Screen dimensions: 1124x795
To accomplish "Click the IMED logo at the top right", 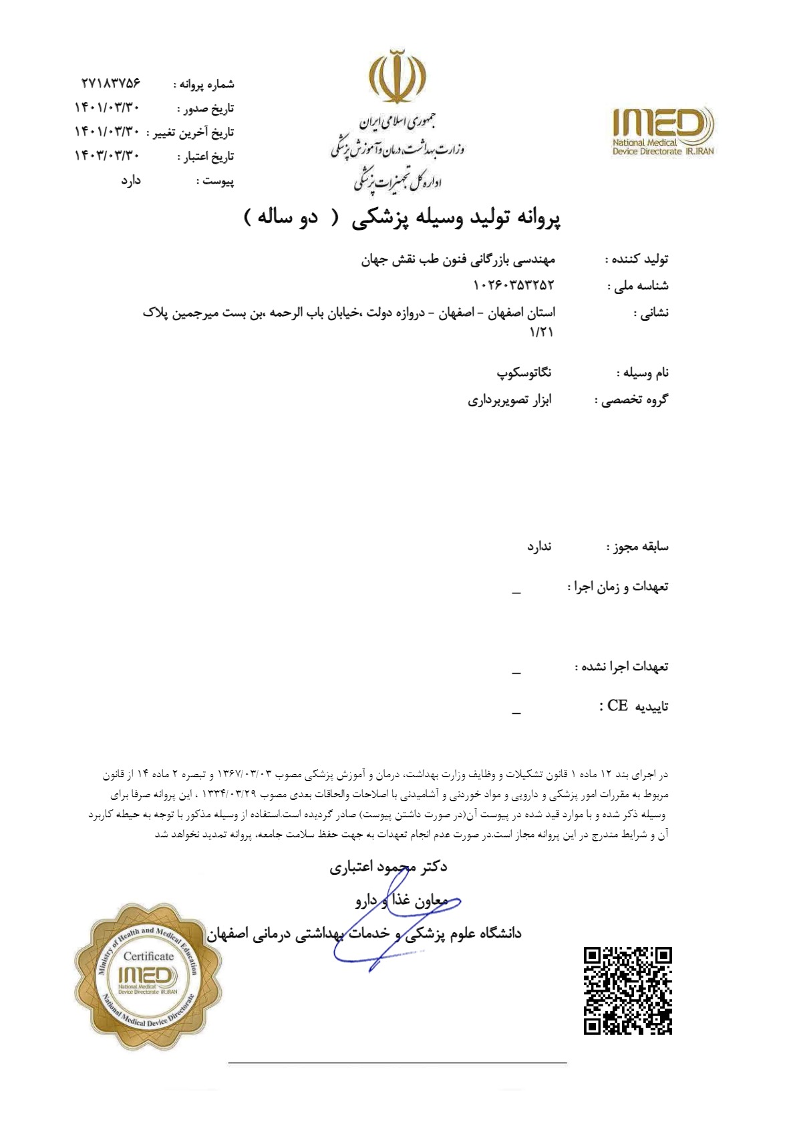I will [x=663, y=131].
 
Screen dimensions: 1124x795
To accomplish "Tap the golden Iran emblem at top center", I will [x=399, y=78].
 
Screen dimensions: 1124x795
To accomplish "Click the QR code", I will [x=627, y=990].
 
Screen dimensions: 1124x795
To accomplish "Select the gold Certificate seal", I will [x=148, y=976].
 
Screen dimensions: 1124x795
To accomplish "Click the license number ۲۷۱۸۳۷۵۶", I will [x=111, y=84].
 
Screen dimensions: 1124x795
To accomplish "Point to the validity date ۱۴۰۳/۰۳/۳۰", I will [x=107, y=156].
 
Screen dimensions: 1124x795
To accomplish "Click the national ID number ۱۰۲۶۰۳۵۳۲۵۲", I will [x=514, y=285].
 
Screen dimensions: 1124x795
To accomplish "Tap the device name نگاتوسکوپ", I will [x=524, y=373].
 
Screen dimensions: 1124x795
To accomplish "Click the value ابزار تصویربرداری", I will [x=510, y=400].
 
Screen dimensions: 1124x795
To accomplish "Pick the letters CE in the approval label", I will [x=617, y=706].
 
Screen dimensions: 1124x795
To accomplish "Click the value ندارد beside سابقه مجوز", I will [x=539, y=547].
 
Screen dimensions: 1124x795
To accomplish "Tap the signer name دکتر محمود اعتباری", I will [x=388, y=867].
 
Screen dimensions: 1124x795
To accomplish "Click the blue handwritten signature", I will [x=394, y=922].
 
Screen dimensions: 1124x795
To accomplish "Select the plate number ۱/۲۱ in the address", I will [x=542, y=332].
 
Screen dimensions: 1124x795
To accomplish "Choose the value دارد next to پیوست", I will [x=131, y=180].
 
